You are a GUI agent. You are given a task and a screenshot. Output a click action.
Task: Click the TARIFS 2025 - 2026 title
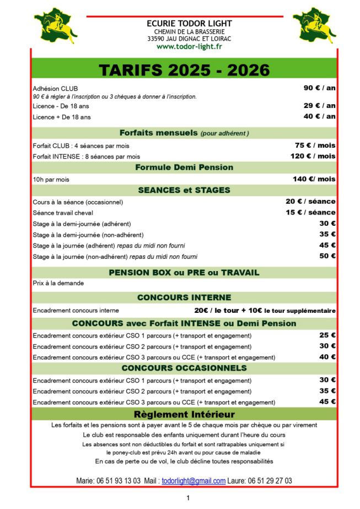tap(184, 70)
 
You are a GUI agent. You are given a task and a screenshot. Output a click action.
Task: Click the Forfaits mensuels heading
tap(184, 133)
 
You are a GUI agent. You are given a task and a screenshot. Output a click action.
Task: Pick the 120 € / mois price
tap(314, 156)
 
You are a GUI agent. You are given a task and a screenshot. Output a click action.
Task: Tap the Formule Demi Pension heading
tap(184, 167)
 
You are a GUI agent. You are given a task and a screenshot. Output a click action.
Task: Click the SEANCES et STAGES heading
tap(184, 191)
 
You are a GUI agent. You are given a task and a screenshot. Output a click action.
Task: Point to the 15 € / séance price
tap(310, 212)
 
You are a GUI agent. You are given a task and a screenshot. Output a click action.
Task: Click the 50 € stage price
tap(327, 256)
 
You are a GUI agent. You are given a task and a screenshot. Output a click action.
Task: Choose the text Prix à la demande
tap(58, 283)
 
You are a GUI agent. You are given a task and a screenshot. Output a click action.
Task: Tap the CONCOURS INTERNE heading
tap(184, 297)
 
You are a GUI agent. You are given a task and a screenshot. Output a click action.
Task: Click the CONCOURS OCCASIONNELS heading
tap(184, 368)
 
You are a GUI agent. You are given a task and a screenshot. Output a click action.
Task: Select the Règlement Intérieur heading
tap(184, 414)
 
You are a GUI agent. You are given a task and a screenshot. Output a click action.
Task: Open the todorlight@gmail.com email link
tap(194, 481)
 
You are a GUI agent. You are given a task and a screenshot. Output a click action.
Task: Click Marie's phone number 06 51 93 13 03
tap(116, 481)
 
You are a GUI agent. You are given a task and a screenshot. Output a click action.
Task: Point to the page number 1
tap(188, 499)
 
